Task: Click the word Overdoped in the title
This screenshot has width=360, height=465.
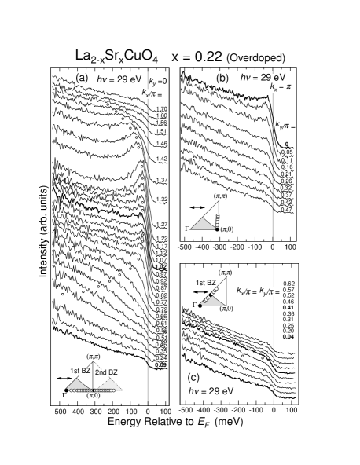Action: [x=255, y=58]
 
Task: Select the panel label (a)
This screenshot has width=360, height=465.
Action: [x=82, y=79]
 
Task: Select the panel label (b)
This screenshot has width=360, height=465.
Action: [x=222, y=79]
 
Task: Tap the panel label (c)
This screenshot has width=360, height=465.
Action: [x=193, y=376]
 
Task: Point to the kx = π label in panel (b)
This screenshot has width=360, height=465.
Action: [x=281, y=88]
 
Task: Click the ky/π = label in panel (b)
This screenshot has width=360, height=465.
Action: [x=285, y=125]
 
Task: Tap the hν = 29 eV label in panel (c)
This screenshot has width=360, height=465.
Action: [x=211, y=391]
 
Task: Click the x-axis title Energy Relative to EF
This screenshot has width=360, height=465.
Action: [x=175, y=423]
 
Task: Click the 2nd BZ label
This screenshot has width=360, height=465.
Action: [x=107, y=372]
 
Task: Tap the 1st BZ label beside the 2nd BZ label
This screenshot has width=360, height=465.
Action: [x=80, y=371]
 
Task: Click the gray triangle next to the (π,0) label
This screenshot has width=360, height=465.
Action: [x=203, y=224]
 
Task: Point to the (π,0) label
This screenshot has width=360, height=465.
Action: [x=226, y=229]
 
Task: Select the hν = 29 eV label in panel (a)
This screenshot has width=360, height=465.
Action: [x=118, y=79]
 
